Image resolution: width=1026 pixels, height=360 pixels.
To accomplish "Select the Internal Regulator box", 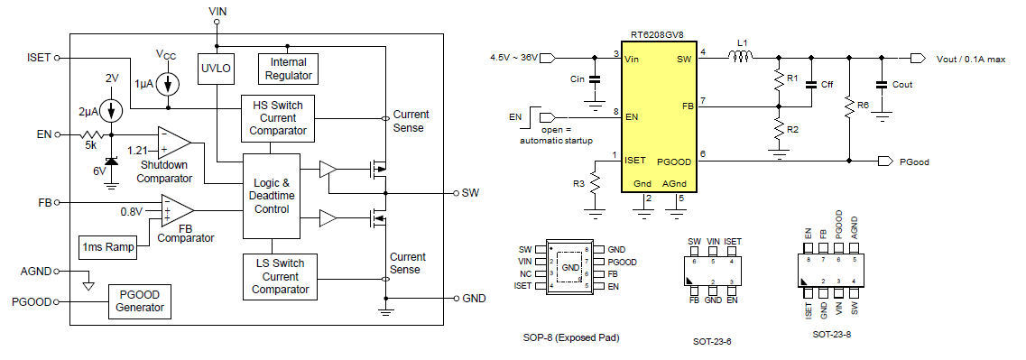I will [x=289, y=67].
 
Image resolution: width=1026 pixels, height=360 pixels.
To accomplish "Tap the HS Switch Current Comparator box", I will [x=277, y=118].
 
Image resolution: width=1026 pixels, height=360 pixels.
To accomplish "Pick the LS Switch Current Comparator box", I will [x=280, y=277].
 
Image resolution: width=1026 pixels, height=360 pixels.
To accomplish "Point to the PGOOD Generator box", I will [x=139, y=300].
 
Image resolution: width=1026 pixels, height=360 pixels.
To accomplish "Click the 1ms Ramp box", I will [x=107, y=247].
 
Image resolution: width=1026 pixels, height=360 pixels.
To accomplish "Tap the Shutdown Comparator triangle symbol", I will [x=174, y=141].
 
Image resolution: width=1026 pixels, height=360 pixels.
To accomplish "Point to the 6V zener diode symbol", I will [x=111, y=162].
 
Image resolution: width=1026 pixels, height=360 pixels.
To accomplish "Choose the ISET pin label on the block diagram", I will [x=40, y=58].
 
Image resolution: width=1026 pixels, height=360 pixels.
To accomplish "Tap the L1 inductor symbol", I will [x=742, y=59].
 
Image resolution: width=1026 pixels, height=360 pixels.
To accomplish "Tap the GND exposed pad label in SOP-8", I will [x=570, y=268].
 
